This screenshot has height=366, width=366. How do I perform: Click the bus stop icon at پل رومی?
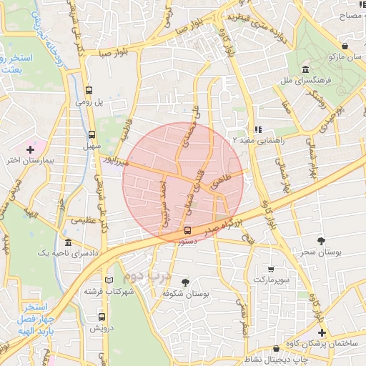(89, 91)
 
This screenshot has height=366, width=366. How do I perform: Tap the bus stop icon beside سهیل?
(91, 134)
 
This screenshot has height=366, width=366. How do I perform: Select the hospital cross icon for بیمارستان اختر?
(30, 149)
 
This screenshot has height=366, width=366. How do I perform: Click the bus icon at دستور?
(187, 230)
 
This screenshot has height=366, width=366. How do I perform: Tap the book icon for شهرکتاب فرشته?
(108, 280)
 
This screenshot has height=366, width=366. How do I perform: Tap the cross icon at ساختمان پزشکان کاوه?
(322, 332)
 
